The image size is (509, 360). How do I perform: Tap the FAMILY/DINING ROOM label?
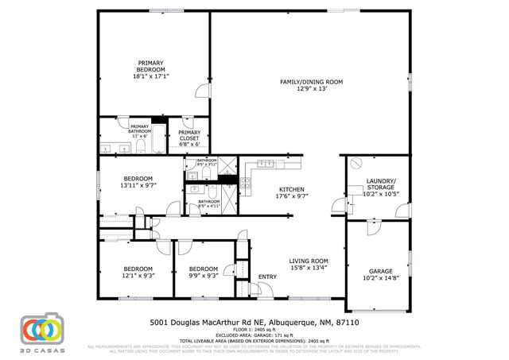[x=310, y=82]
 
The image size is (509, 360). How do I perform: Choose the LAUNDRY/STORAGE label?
[x=379, y=184]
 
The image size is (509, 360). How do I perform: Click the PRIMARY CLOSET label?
[x=189, y=136]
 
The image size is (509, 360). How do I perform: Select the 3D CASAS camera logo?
[x=41, y=329]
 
